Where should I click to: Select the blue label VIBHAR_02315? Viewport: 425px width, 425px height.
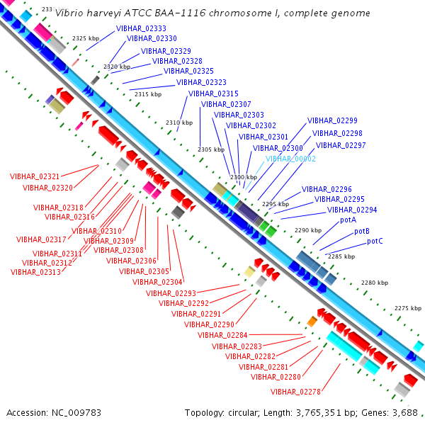pyautogui.click(x=213, y=93)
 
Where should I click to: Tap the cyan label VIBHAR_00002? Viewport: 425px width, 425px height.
pyautogui.click(x=290, y=159)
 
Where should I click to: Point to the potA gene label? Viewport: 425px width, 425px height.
pyautogui.click(x=348, y=220)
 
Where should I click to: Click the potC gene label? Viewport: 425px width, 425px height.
pyautogui.click(x=375, y=242)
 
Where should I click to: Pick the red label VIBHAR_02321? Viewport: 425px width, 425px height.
pyautogui.click(x=35, y=176)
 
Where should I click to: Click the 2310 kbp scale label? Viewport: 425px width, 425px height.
pyautogui.click(x=179, y=123)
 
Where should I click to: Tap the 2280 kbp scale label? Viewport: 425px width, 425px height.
pyautogui.click(x=375, y=283)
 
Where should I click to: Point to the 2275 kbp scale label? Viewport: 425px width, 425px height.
pyautogui.click(x=407, y=308)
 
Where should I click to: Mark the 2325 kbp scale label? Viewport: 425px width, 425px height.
pyautogui.click(x=87, y=38)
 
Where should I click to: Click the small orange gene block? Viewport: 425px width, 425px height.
pyautogui.click(x=312, y=322)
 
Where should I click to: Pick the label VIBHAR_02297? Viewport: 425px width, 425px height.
pyautogui.click(x=341, y=145)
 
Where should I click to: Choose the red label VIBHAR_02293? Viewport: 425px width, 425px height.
pyautogui.click(x=171, y=293)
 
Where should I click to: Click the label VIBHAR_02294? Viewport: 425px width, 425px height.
pyautogui.click(x=352, y=210)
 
